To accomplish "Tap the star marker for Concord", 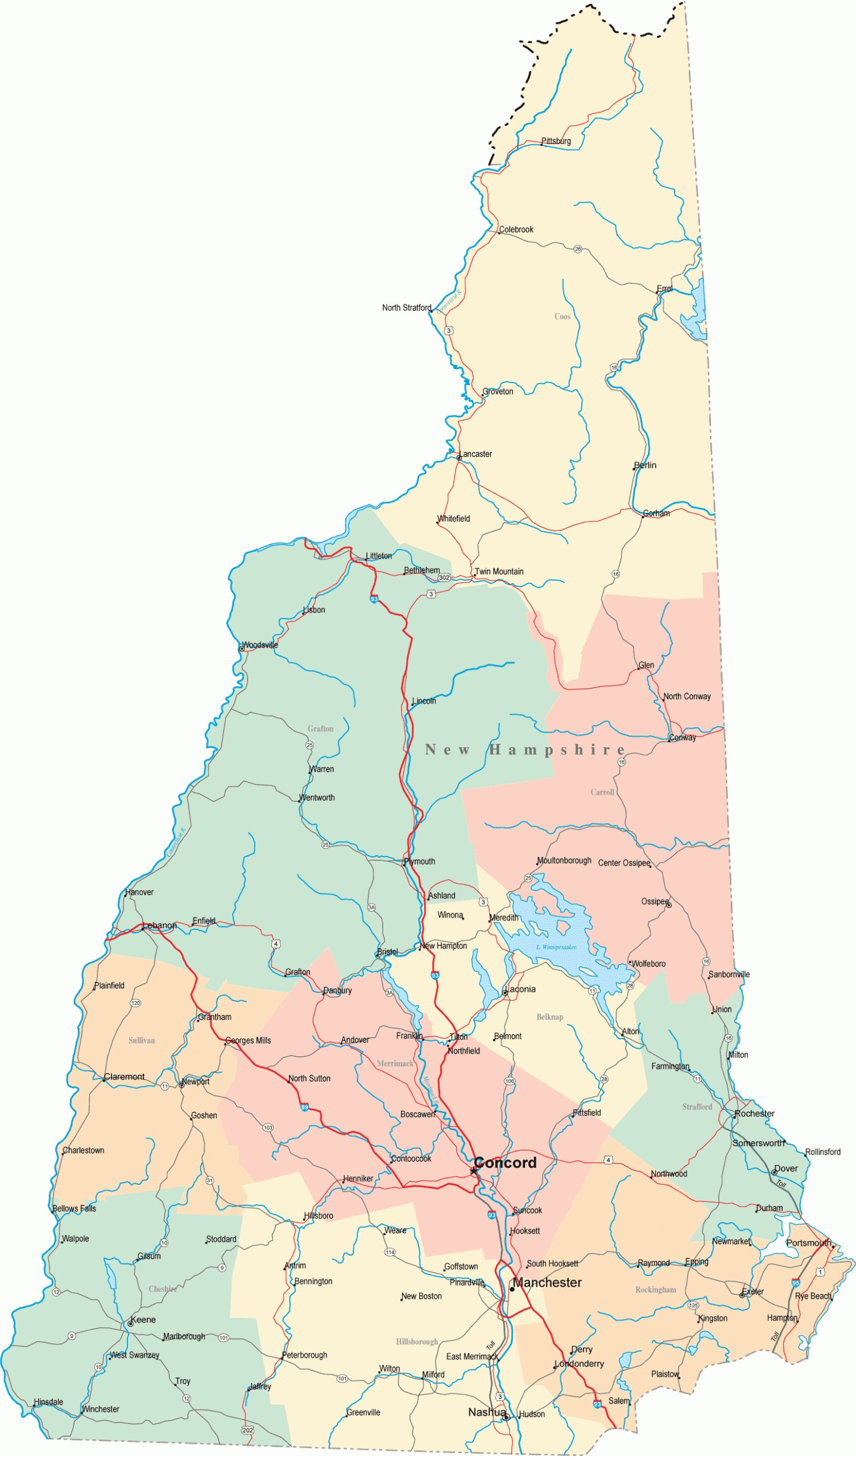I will coord(473,1171).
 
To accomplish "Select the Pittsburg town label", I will coord(556,141).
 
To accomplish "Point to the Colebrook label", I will coord(515,229).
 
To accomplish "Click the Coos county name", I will coord(562,316).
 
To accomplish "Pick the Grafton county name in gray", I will coord(320,728).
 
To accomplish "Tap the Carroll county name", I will coord(602,792).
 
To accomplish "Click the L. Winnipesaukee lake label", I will coord(556,947).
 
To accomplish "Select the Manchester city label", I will coord(547,1282).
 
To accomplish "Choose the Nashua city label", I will coord(487,1412).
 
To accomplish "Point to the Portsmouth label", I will coord(808,1243).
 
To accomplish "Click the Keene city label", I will coord(143,1319).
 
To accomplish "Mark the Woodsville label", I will coord(259,645).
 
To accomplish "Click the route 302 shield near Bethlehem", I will coord(443,577).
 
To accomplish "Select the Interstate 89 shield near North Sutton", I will coord(304,1107).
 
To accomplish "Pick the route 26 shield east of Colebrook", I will coord(577,249).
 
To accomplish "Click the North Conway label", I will coord(686,696).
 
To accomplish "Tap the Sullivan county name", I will coord(142,1040).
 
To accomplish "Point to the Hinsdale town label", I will coord(48,1401).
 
